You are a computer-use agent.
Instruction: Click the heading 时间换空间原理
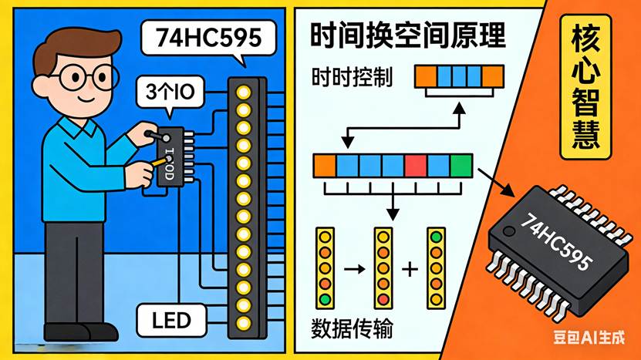(407, 35)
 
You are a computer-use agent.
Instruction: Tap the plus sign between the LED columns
(410, 269)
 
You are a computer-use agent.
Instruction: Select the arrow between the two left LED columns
(354, 269)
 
